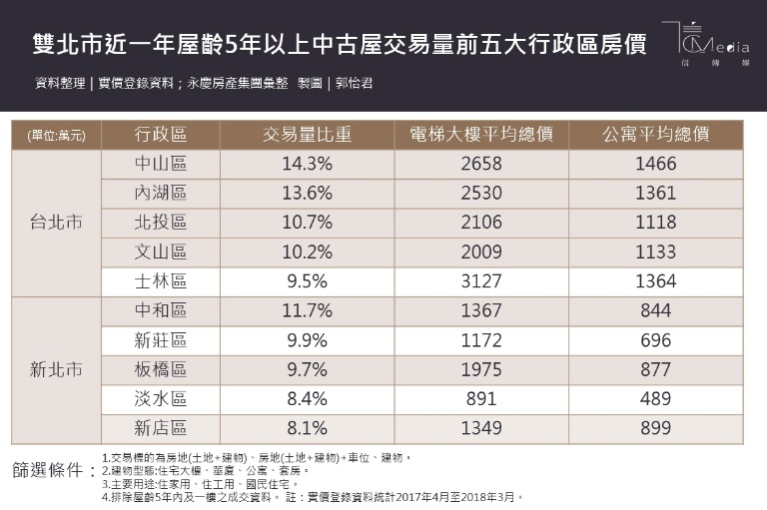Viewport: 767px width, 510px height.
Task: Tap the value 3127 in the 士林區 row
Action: coord(481,281)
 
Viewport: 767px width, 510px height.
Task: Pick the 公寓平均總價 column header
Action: coord(656,135)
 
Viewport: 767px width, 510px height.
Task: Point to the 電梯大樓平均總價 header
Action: coord(481,135)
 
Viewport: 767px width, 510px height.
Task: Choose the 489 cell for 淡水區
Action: coord(656,399)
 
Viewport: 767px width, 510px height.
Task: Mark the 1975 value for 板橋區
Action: coord(481,369)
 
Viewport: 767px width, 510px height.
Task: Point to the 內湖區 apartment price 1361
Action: coord(656,193)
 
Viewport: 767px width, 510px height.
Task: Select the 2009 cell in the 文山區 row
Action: coord(481,252)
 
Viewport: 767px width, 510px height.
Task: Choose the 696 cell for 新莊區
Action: coord(656,340)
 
